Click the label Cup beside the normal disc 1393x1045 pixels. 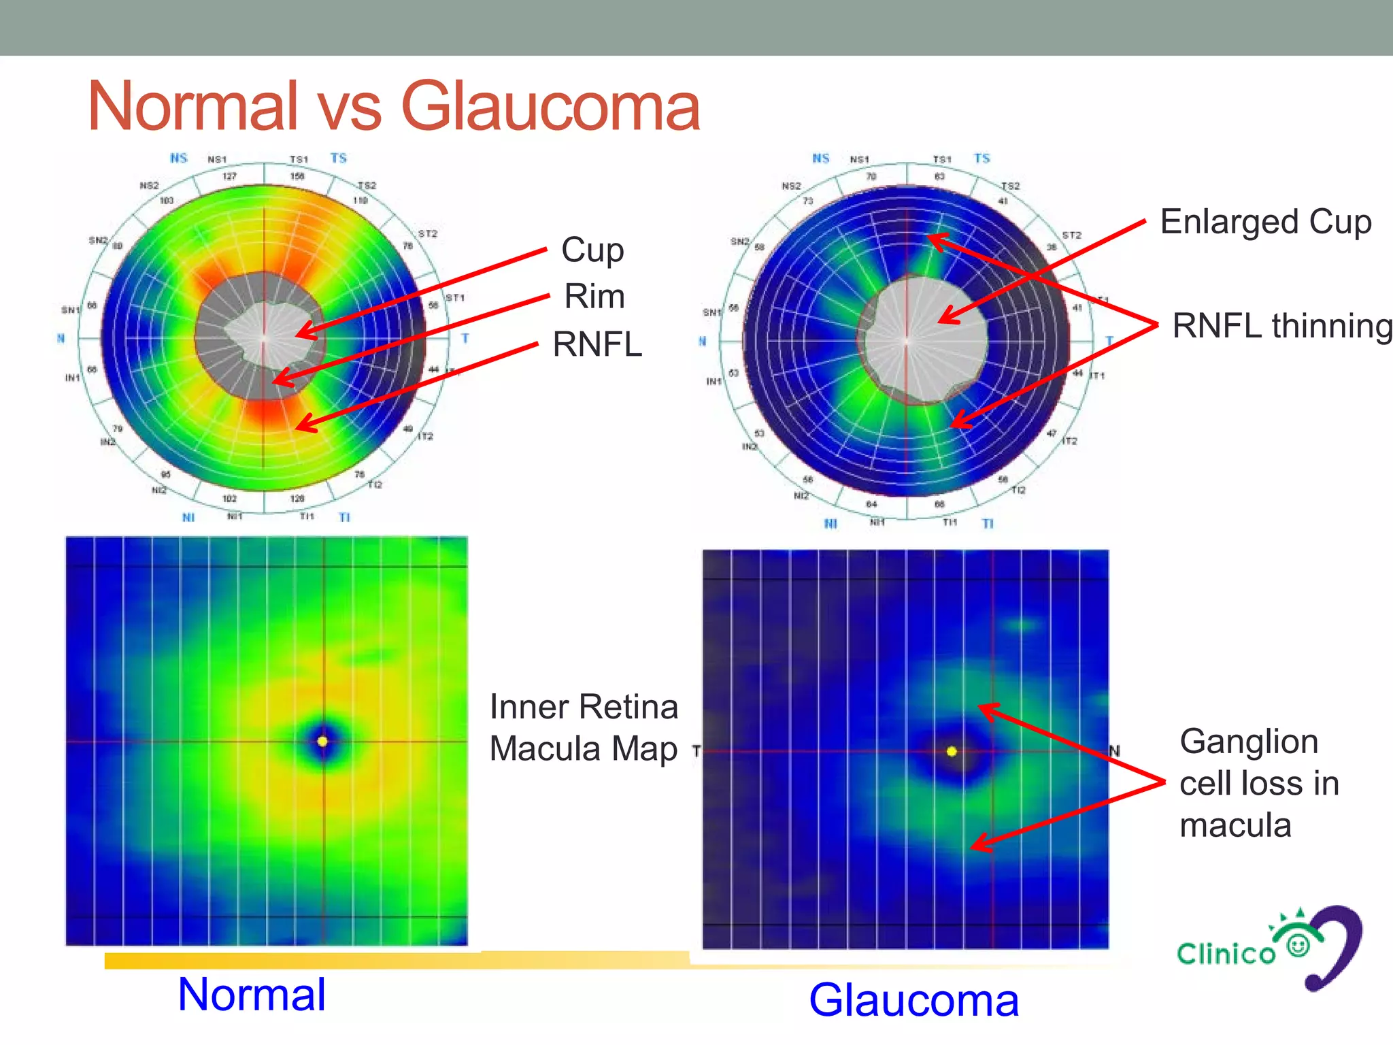tap(592, 250)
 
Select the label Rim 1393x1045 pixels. tap(594, 297)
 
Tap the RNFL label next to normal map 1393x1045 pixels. tap(597, 344)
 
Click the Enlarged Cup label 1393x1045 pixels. tap(1265, 222)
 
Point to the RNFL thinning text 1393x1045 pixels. tap(1281, 326)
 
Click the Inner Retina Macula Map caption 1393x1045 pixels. tap(583, 727)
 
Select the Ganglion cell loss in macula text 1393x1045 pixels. tap(1258, 783)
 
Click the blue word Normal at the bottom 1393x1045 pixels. tap(251, 995)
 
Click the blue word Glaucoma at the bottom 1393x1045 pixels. tap(913, 1001)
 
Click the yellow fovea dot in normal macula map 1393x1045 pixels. tap(322, 741)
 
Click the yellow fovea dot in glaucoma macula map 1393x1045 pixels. tap(952, 752)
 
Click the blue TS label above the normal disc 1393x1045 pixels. tap(338, 159)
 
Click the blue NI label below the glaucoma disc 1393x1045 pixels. tap(830, 523)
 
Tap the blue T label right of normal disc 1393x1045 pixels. tap(465, 338)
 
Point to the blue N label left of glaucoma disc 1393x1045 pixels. tap(702, 342)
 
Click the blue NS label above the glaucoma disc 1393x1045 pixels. tap(820, 159)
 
